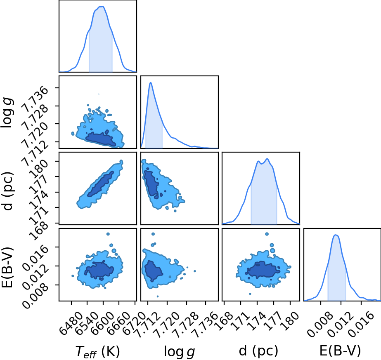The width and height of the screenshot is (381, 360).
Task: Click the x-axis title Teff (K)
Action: tap(98, 351)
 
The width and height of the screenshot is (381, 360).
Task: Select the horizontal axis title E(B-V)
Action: tap(340, 351)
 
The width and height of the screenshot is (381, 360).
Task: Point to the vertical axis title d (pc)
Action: tap(8, 191)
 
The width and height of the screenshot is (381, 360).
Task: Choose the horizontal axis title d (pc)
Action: tap(258, 351)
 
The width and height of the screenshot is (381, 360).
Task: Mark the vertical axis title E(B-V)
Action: tap(7, 267)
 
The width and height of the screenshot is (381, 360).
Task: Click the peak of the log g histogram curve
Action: tap(151, 82)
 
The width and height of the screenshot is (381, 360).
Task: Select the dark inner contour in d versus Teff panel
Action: tap(101, 184)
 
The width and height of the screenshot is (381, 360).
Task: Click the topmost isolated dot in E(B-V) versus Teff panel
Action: tap(108, 234)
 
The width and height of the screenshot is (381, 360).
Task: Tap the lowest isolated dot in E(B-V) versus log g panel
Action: tap(158, 296)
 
